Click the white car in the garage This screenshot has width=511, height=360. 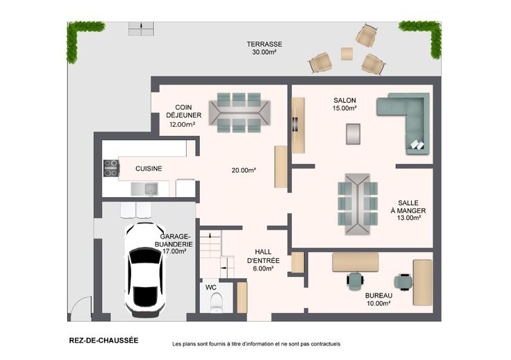144,270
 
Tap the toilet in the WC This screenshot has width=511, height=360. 216,302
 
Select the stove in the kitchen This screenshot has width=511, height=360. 111,169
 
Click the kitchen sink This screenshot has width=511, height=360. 144,189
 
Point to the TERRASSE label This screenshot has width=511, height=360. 265,44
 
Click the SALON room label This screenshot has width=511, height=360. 344,101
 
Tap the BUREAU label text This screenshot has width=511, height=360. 378,295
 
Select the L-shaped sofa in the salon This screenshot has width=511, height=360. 404,123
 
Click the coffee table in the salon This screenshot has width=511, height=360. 353,134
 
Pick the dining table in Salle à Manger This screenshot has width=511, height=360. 358,204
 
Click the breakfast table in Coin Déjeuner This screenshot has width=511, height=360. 240,112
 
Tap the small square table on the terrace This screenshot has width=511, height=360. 346,53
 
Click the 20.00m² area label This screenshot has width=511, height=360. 244,170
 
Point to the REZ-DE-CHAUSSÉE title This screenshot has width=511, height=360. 103,341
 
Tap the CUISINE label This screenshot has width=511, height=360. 149,169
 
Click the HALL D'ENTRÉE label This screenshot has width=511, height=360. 263,256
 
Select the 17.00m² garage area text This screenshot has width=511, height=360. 174,251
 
